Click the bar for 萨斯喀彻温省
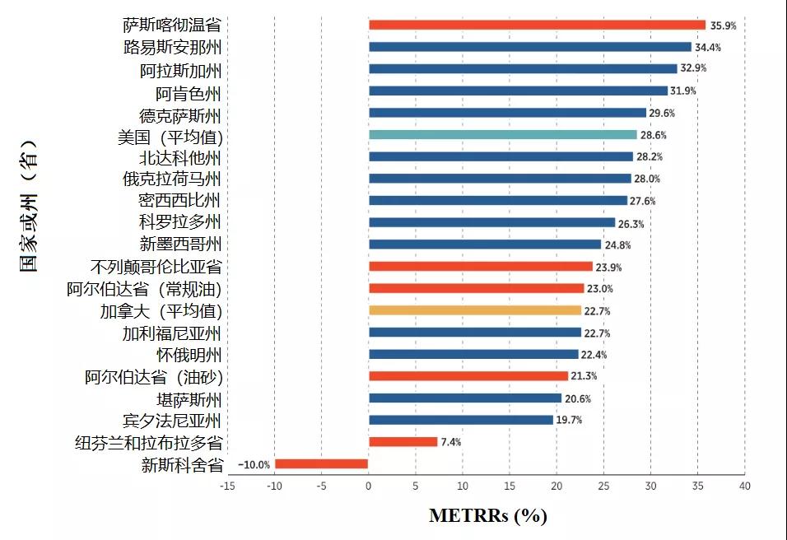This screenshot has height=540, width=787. pos(537,25)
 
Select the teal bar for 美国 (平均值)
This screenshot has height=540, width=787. pos(503,134)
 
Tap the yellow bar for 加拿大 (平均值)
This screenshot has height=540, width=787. pos(475,310)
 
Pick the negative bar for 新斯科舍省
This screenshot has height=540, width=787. pos(321,463)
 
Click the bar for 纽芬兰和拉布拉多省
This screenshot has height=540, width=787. pos(403,442)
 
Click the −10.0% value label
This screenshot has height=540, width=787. pos(254,464)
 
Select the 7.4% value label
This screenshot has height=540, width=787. pos(451,442)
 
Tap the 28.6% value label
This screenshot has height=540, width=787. pos(654,135)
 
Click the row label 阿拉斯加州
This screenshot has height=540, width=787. pos(180,71)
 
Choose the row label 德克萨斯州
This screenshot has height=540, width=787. pos(180,115)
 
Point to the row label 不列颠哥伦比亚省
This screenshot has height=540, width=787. pos(156,268)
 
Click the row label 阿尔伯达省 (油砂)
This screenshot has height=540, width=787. pos(154,378)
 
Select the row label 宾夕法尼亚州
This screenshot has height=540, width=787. pos(172,421)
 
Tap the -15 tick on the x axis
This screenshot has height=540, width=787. pos(227,486)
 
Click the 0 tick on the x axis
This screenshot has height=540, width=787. pos(369,486)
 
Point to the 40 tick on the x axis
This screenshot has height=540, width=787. pos(744,486)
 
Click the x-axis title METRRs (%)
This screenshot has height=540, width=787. pos(487,516)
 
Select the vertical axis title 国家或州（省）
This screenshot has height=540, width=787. pos(30,207)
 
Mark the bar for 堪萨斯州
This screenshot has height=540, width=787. pos(465,398)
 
